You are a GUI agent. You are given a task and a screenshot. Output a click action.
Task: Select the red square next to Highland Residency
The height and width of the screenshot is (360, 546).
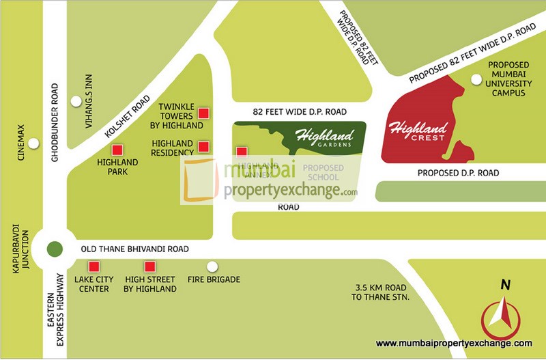203,146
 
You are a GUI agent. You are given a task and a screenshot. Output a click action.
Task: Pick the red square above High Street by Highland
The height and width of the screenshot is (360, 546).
149,266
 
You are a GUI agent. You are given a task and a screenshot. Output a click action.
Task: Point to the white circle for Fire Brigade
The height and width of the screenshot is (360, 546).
213,266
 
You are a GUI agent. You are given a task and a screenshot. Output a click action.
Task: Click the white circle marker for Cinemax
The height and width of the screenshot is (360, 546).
33,143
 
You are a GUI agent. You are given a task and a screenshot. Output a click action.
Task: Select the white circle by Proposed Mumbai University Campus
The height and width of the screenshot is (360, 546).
476,77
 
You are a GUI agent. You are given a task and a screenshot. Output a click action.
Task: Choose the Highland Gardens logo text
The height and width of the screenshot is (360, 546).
324,138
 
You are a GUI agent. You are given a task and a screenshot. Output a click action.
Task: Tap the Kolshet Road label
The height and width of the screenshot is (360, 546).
128,117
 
